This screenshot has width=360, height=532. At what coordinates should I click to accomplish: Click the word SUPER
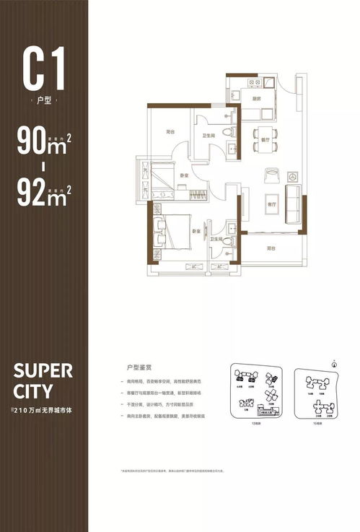click(43, 371)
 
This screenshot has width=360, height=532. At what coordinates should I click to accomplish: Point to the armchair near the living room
click(273, 175)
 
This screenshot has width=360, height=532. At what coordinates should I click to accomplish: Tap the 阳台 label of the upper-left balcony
click(170, 132)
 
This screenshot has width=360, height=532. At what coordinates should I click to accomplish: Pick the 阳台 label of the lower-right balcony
click(271, 248)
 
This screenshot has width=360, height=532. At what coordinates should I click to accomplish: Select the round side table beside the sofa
click(293, 175)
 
